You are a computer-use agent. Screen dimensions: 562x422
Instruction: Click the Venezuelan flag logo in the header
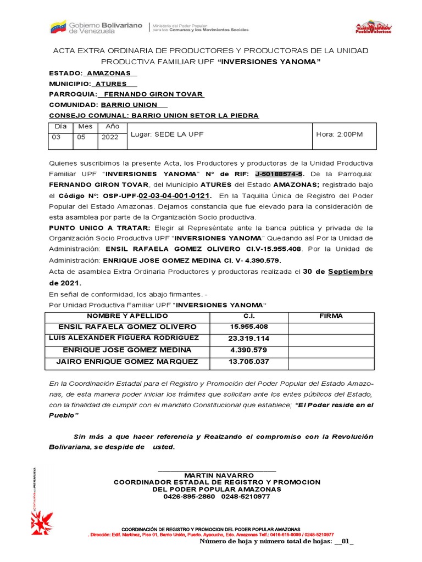click(x=58, y=26)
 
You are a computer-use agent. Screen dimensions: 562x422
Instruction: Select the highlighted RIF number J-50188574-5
click(x=280, y=175)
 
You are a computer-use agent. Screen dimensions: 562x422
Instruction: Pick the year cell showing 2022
click(x=110, y=138)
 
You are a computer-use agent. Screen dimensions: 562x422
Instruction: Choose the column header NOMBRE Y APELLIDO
click(x=127, y=316)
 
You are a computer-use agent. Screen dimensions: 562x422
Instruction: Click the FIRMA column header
click(x=331, y=316)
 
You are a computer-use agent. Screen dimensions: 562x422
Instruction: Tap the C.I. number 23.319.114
click(x=249, y=339)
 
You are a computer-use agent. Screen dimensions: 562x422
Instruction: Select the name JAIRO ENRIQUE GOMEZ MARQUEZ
click(x=127, y=362)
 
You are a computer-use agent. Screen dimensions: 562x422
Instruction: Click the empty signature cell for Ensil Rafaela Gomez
click(x=331, y=327)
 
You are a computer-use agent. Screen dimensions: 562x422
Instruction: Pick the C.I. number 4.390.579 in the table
click(x=249, y=350)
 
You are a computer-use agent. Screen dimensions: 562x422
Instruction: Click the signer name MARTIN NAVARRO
click(x=219, y=475)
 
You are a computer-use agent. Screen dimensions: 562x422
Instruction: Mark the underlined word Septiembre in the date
click(x=351, y=272)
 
